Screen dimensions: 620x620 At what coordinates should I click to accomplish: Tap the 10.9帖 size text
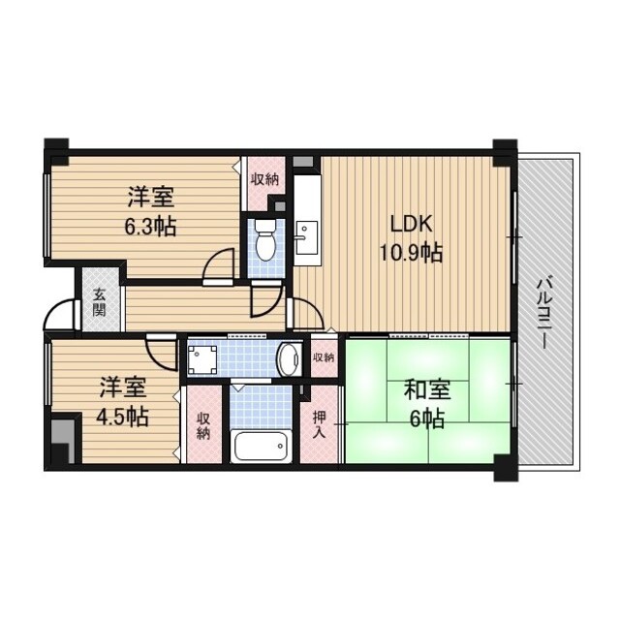410,254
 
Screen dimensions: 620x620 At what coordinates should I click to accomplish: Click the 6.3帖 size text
150,229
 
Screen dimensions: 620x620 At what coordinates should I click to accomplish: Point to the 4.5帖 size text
123,418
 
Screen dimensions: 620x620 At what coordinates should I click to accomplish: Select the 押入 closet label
320,425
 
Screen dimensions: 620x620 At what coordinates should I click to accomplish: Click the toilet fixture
264,244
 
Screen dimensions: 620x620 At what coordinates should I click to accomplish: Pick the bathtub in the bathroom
263,447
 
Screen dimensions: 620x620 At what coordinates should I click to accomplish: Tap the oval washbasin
289,359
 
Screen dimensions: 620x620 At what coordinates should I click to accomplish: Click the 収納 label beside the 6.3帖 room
264,179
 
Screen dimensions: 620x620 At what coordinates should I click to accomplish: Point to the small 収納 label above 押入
324,357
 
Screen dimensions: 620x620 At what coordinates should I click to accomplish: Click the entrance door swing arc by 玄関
61,314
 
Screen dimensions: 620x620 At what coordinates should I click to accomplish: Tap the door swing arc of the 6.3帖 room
222,264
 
